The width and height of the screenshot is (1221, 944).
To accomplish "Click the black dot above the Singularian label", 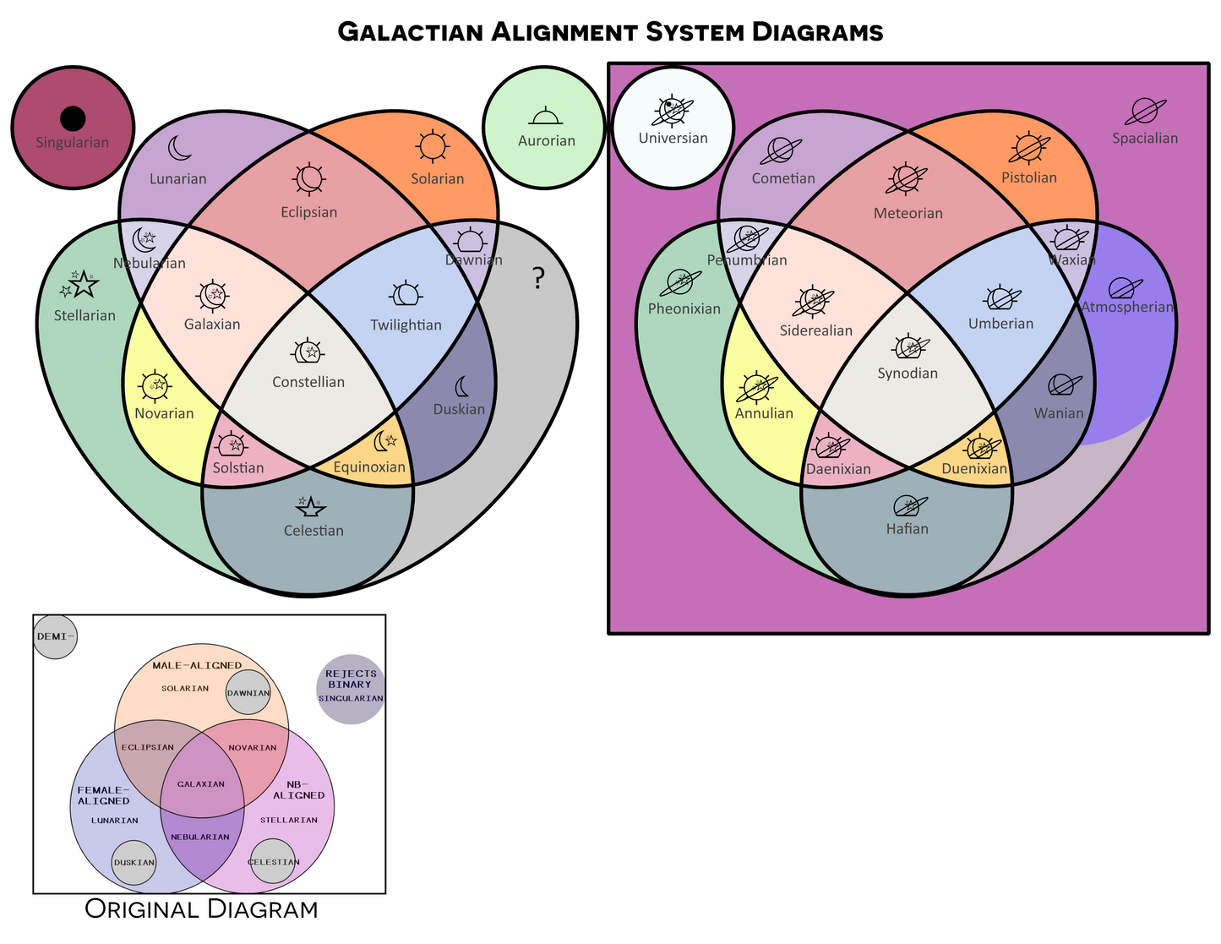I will tap(73, 118).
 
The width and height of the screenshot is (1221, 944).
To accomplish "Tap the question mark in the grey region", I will tap(538, 278).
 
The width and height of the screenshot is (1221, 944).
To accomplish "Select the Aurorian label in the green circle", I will tap(546, 141).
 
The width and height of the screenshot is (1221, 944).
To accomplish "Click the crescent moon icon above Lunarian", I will tap(179, 149).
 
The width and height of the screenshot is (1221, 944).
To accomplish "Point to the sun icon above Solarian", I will tap(432, 146).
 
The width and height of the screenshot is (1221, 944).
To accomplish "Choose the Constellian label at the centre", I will tap(308, 382).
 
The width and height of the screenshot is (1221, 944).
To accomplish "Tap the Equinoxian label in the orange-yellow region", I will tap(369, 467).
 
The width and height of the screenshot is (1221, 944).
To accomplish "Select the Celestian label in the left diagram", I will tap(313, 531).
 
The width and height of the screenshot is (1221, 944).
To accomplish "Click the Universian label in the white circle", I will tap(673, 139).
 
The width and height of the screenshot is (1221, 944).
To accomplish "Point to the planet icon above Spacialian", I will tap(1145, 111).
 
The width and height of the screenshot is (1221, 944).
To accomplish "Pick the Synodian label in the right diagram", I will tap(908, 374).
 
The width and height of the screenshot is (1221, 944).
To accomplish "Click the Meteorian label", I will tap(908, 214).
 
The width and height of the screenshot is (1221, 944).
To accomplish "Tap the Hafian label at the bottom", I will tap(907, 529).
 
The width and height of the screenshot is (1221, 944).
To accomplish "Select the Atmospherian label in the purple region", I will tap(1127, 307).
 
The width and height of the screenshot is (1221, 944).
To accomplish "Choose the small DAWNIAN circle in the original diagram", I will tap(248, 693).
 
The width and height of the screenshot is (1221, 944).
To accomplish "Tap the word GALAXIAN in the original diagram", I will tap(201, 784).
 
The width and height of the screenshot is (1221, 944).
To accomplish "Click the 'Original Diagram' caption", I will tap(201, 909).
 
